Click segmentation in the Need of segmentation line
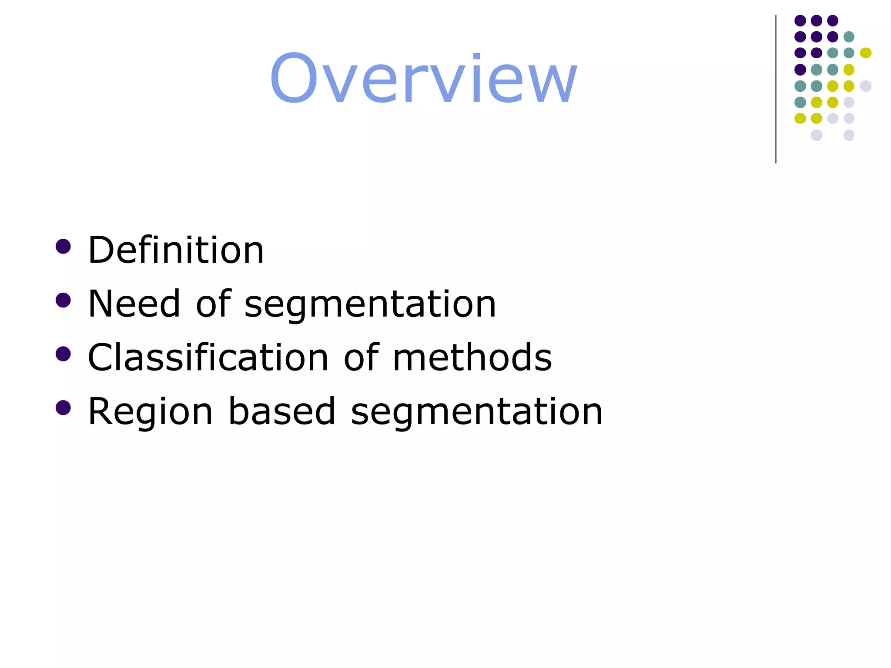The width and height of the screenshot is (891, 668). click(370, 304)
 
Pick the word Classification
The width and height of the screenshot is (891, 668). click(208, 357)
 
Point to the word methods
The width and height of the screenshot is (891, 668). click(472, 357)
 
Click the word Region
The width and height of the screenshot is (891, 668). click(150, 412)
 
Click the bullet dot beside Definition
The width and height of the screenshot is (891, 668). click(63, 246)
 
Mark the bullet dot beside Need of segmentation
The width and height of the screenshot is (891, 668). click(63, 300)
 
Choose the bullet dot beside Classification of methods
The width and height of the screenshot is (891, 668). click(63, 354)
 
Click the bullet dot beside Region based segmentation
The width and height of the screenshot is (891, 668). click(63, 408)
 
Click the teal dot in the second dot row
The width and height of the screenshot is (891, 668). click(849, 37)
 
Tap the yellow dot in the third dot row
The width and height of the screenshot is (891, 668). click(866, 53)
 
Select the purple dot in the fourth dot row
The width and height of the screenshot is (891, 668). click(800, 70)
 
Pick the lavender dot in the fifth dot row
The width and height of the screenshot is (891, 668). click(866, 86)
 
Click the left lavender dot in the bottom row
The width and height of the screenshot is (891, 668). click(817, 135)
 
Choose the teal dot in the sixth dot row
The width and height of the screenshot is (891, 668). click(800, 103)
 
